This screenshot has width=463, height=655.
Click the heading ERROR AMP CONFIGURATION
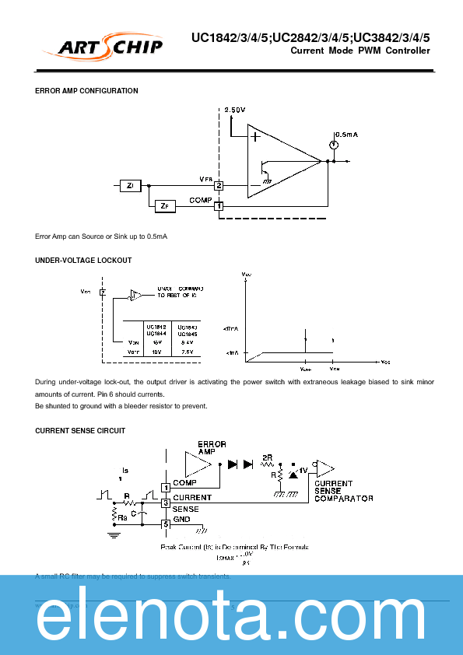coord(87,91)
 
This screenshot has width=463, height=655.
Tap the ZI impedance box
coord(130,185)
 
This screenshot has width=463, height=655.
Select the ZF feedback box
coord(164,206)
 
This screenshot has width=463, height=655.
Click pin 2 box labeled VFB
coord(219,186)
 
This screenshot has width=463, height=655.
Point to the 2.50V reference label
coord(235,110)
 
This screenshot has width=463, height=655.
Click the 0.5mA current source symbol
coord(333,144)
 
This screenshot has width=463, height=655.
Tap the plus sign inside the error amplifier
coord(254,136)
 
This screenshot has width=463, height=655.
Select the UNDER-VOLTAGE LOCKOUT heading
coord(83,260)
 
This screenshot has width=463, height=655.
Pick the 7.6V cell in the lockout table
coord(186,352)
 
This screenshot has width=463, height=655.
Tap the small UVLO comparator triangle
coord(135,295)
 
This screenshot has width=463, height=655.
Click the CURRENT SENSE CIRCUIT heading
coord(80,430)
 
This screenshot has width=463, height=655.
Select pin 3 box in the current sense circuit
coord(166,503)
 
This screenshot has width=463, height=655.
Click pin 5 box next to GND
coord(166,524)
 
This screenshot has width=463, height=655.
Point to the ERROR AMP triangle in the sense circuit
coord(197,465)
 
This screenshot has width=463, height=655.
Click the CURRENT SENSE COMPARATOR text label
coord(343,491)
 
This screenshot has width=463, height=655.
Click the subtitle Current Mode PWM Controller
coord(360,51)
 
